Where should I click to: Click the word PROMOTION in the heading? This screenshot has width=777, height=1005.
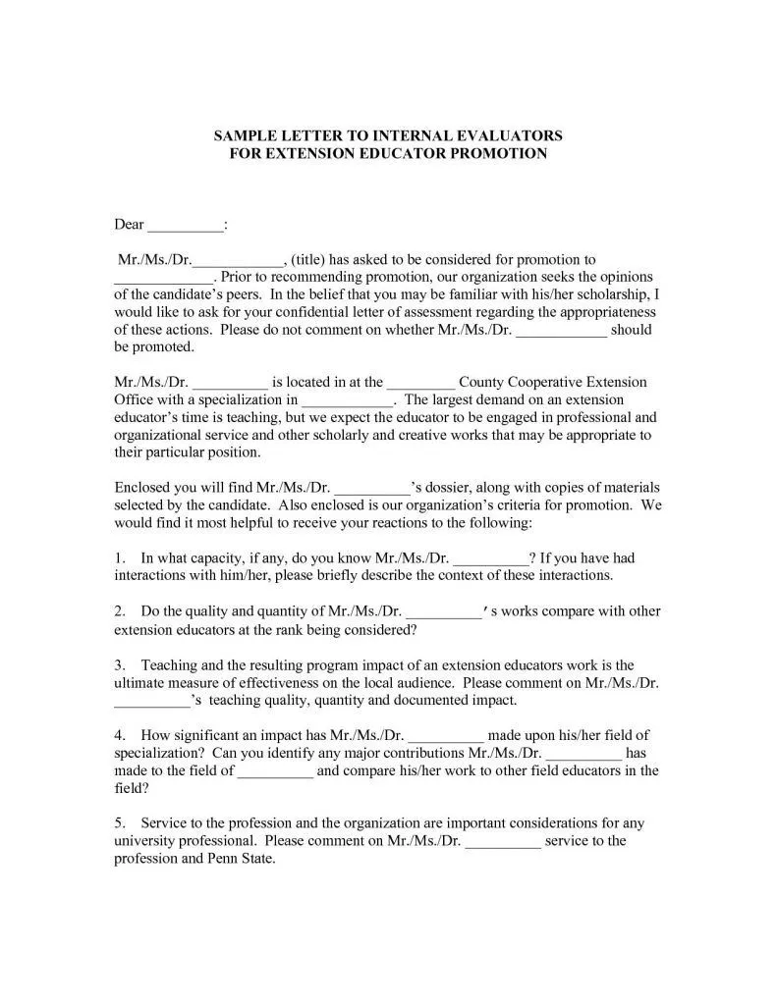tap(496, 154)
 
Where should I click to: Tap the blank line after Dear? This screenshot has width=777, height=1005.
tap(185, 225)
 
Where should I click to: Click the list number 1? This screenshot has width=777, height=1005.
tap(119, 557)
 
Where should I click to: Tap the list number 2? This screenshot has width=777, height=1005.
tap(119, 610)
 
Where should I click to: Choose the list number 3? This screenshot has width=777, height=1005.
tap(119, 664)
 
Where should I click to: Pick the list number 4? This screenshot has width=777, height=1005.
tap(119, 735)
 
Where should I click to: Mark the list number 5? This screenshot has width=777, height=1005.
tap(119, 823)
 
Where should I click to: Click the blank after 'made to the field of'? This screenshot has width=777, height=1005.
tap(275, 770)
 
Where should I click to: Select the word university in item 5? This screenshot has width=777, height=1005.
tap(150, 841)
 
